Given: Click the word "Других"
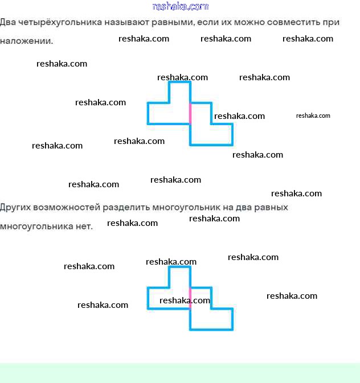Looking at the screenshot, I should tap(15, 207).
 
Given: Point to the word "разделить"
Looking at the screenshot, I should tap(128, 207).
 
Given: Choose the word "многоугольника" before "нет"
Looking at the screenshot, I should tap(36, 226).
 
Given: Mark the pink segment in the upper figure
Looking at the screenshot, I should tap(190, 113).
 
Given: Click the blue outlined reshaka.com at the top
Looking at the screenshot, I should tap(181, 7).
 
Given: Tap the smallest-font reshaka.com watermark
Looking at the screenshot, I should tap(313, 116).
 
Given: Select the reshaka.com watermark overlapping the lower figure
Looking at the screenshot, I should tap(185, 300).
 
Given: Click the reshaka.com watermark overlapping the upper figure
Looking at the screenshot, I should tap(239, 116).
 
